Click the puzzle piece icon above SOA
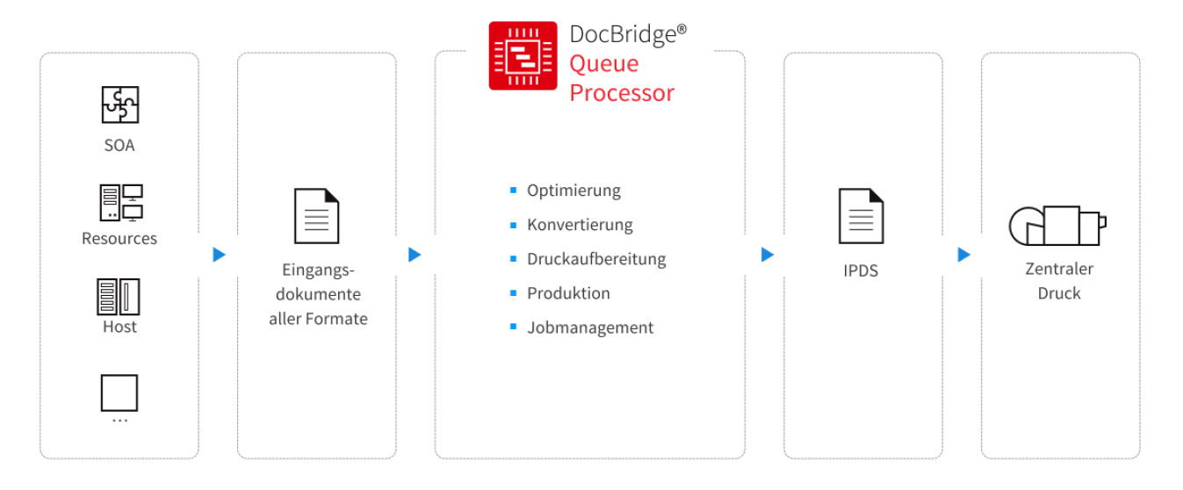pyautogui.click(x=119, y=104)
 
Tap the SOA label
pyautogui.click(x=119, y=145)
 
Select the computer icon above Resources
pyautogui.click(x=120, y=203)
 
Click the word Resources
pyautogui.click(x=119, y=239)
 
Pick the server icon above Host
pyautogui.click(x=119, y=297)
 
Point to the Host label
pyautogui.click(x=119, y=327)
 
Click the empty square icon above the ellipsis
pyautogui.click(x=119, y=393)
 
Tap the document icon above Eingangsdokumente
pyautogui.click(x=316, y=216)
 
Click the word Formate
pyautogui.click(x=336, y=319)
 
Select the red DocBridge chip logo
pyautogui.click(x=523, y=56)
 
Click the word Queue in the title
pyautogui.click(x=603, y=63)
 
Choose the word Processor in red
pyautogui.click(x=622, y=92)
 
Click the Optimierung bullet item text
pyautogui.click(x=573, y=191)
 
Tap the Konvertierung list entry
pyautogui.click(x=580, y=225)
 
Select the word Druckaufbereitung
pyautogui.click(x=596, y=259)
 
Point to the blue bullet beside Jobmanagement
pyautogui.click(x=514, y=327)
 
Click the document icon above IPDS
pyautogui.click(x=861, y=216)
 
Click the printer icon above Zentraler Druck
pyautogui.click(x=1057, y=226)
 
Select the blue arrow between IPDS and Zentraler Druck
pyautogui.click(x=964, y=255)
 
